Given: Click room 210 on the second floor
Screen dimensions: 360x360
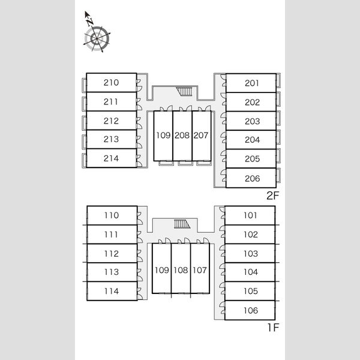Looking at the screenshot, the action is [112, 83].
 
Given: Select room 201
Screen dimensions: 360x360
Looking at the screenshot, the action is [251, 83].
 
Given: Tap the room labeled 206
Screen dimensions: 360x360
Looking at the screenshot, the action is [251, 178].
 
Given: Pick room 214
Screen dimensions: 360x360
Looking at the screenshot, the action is [112, 158].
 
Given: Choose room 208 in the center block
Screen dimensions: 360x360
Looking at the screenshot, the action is [182, 136].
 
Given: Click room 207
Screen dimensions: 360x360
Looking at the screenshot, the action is [202, 136].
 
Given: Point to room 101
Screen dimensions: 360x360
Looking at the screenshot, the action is [250, 215].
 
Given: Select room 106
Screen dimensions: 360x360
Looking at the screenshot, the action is [250, 310].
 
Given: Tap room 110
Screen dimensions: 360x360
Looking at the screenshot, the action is [112, 215].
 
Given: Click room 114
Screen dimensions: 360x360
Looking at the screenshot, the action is [112, 291].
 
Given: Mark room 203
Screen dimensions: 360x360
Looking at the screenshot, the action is [251, 121].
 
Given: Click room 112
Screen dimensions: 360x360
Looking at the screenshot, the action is [112, 253].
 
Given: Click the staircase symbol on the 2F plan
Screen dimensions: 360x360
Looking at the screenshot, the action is [184, 91].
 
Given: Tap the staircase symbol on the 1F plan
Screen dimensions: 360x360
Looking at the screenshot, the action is [182, 224].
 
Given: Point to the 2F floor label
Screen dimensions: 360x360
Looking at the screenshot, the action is [272, 196].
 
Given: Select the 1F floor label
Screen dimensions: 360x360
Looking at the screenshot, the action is [273, 328].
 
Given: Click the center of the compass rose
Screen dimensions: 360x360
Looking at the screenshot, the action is [97, 38].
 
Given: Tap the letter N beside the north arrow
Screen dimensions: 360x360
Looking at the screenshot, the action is [90, 22].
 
